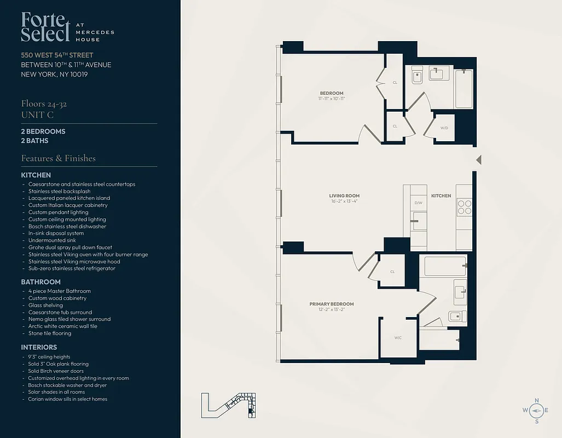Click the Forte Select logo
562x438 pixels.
[46, 27]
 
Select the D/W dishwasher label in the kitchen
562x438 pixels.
[418, 203]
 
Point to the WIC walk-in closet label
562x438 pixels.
[398, 338]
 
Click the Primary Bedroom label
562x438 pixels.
[331, 304]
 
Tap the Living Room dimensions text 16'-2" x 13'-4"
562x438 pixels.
[344, 201]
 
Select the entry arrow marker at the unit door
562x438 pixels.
[478, 160]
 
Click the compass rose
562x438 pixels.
[536, 410]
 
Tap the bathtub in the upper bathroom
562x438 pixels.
[463, 89]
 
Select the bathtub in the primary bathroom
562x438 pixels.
[445, 266]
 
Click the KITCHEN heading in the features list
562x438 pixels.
[36, 175]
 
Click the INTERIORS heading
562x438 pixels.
[39, 347]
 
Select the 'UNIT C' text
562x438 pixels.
[37, 114]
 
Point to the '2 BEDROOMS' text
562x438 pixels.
[43, 131]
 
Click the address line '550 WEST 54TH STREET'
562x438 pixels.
[57, 55]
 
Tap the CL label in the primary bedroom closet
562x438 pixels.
[393, 272]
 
